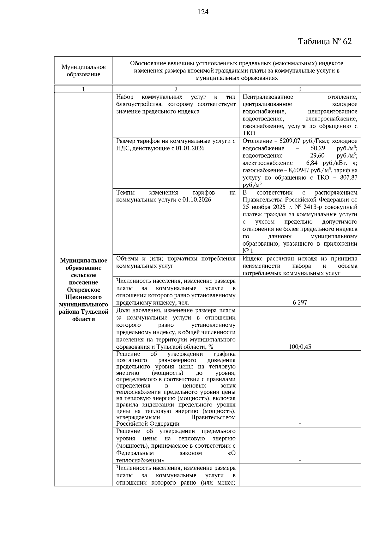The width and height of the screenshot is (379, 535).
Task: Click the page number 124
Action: pos(203,12)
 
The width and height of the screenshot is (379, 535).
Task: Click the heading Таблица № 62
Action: pos(325,42)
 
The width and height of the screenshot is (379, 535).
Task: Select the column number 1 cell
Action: pos(83,89)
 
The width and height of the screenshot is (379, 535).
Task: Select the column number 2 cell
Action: pos(176,89)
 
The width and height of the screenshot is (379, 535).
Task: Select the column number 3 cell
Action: pos(300,89)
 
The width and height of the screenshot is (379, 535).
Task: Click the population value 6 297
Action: pos(300,303)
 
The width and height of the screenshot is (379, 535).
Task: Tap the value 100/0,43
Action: pos(300,347)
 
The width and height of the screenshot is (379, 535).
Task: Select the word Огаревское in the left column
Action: pos(83,290)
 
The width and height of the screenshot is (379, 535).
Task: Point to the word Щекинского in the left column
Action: pos(83,297)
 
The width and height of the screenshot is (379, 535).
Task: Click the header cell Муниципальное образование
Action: pos(83,71)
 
